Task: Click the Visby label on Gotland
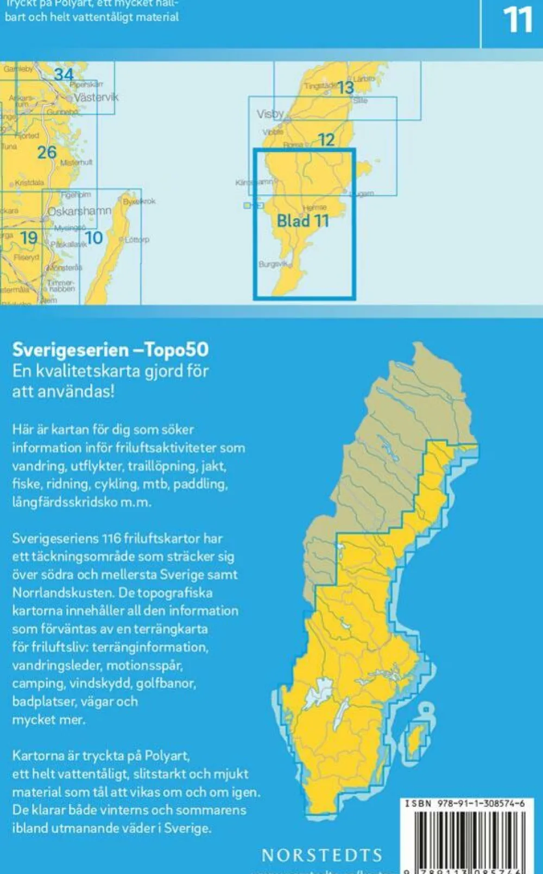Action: (x=270, y=114)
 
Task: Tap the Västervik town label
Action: (x=96, y=98)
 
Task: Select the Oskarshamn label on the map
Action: (x=80, y=211)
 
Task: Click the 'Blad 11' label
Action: (x=303, y=221)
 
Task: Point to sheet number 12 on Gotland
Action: (x=326, y=140)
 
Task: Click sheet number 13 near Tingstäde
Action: (x=345, y=88)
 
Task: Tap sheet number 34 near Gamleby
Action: (x=64, y=74)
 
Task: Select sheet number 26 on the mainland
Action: (x=47, y=152)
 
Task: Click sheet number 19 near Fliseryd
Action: (x=29, y=237)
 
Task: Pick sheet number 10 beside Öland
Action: (x=94, y=237)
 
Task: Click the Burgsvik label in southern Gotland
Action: (x=272, y=264)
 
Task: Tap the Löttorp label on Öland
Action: (x=137, y=239)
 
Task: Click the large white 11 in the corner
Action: (x=517, y=21)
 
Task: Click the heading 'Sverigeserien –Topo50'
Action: (x=110, y=350)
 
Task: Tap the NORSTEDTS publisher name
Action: (x=322, y=856)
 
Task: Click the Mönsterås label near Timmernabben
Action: (x=65, y=267)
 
